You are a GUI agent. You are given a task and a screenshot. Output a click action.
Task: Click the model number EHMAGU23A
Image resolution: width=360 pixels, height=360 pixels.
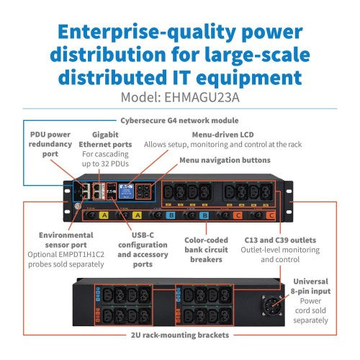[202, 97]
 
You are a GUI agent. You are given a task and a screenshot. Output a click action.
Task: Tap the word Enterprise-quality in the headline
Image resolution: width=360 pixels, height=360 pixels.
[147, 32]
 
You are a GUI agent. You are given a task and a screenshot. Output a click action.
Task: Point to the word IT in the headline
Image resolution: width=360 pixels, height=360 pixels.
[179, 78]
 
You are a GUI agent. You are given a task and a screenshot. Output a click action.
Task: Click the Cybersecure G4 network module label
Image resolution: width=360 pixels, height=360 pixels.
[179, 120]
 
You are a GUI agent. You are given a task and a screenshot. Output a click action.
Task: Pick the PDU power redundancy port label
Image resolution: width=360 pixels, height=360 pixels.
[50, 144]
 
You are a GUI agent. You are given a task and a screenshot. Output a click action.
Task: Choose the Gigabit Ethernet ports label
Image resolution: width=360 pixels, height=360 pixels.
[105, 140]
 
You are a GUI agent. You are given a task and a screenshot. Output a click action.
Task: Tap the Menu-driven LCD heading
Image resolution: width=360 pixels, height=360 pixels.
[222, 135]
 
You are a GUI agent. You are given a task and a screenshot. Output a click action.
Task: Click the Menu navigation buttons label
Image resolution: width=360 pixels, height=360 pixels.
[225, 160]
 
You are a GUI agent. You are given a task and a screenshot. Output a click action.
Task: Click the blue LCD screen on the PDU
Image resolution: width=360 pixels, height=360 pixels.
[126, 191]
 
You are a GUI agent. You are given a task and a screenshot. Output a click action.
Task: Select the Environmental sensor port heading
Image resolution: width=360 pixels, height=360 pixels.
[66, 240]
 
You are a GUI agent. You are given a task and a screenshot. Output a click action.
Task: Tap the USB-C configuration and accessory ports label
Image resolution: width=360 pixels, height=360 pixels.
[143, 250]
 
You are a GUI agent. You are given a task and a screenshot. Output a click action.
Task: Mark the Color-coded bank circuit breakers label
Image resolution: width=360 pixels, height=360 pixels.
[206, 250]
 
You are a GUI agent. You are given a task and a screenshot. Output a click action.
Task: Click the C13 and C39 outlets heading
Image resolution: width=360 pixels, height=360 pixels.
[280, 240]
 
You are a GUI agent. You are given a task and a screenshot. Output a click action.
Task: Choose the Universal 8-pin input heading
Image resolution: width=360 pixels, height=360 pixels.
[310, 287]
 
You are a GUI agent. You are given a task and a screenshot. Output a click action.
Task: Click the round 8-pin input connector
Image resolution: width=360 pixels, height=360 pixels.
[272, 305]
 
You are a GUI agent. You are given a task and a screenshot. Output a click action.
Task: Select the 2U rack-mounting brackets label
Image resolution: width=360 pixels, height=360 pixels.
[180, 335]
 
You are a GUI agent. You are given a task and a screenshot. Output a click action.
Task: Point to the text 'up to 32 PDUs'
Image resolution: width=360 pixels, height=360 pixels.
[105, 164]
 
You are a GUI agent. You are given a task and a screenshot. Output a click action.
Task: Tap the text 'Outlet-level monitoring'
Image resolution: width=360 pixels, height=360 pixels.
[280, 250]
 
